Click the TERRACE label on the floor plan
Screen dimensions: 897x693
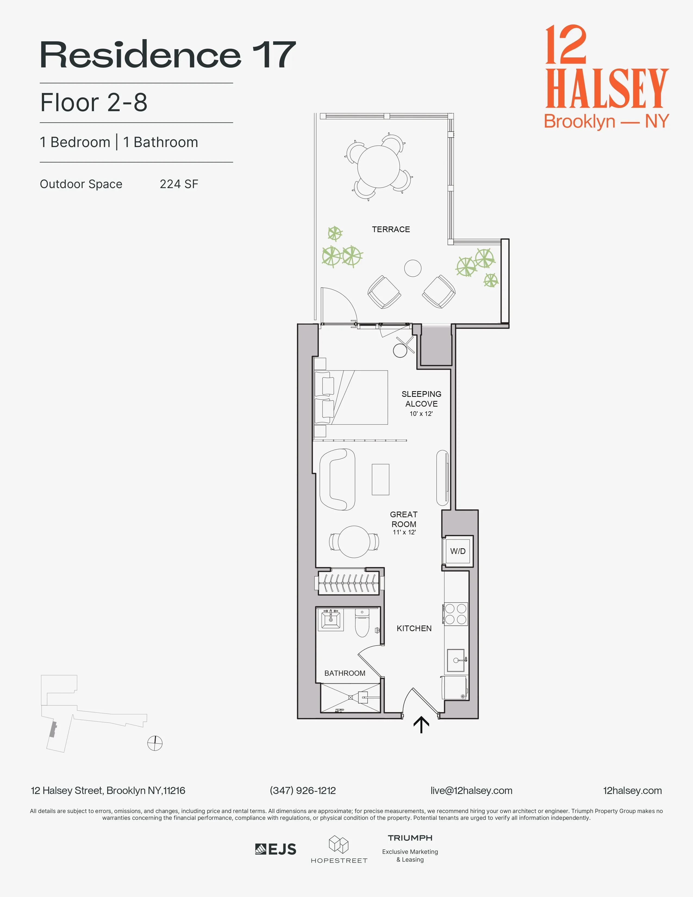pyautogui.click(x=391, y=229)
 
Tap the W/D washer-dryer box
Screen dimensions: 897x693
pyautogui.click(x=458, y=551)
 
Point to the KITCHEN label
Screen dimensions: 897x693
pyautogui.click(x=414, y=628)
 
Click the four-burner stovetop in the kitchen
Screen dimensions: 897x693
pyautogui.click(x=456, y=614)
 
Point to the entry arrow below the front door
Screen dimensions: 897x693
pyautogui.click(x=421, y=725)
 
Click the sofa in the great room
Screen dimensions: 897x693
pyautogui.click(x=338, y=479)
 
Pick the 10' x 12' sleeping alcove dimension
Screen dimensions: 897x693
pyautogui.click(x=421, y=414)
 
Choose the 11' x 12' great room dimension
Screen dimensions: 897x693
pyautogui.click(x=404, y=532)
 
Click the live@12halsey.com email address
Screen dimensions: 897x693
pyautogui.click(x=471, y=791)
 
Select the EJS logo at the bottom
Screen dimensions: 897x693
pyautogui.click(x=276, y=849)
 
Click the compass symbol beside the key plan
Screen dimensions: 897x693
pyautogui.click(x=155, y=743)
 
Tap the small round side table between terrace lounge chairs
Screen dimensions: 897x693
pyautogui.click(x=413, y=269)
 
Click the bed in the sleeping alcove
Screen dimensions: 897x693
pyautogui.click(x=351, y=397)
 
